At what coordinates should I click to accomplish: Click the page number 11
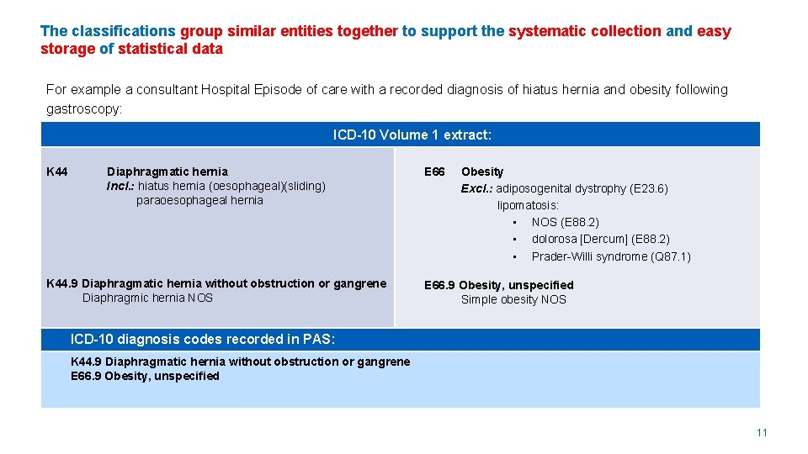(x=762, y=433)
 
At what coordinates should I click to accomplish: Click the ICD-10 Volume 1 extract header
(x=412, y=135)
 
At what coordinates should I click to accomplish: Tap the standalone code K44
(x=57, y=172)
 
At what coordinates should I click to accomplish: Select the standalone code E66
(x=434, y=172)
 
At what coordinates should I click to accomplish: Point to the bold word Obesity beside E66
(x=482, y=172)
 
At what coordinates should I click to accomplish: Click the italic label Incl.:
(x=120, y=186)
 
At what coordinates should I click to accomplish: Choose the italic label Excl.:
(x=476, y=188)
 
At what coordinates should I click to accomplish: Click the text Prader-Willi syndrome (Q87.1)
(x=611, y=256)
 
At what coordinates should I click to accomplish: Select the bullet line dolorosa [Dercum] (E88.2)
(x=600, y=239)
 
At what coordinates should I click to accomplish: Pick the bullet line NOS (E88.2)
(x=565, y=222)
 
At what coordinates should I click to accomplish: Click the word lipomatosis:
(x=528, y=205)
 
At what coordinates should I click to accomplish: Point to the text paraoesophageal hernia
(x=199, y=200)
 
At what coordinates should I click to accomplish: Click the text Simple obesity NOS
(x=513, y=299)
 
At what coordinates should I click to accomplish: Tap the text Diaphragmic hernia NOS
(x=147, y=298)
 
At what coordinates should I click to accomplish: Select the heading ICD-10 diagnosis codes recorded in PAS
(x=203, y=339)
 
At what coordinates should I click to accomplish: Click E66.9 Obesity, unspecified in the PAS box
(x=145, y=376)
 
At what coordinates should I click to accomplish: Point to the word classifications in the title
(x=124, y=31)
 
